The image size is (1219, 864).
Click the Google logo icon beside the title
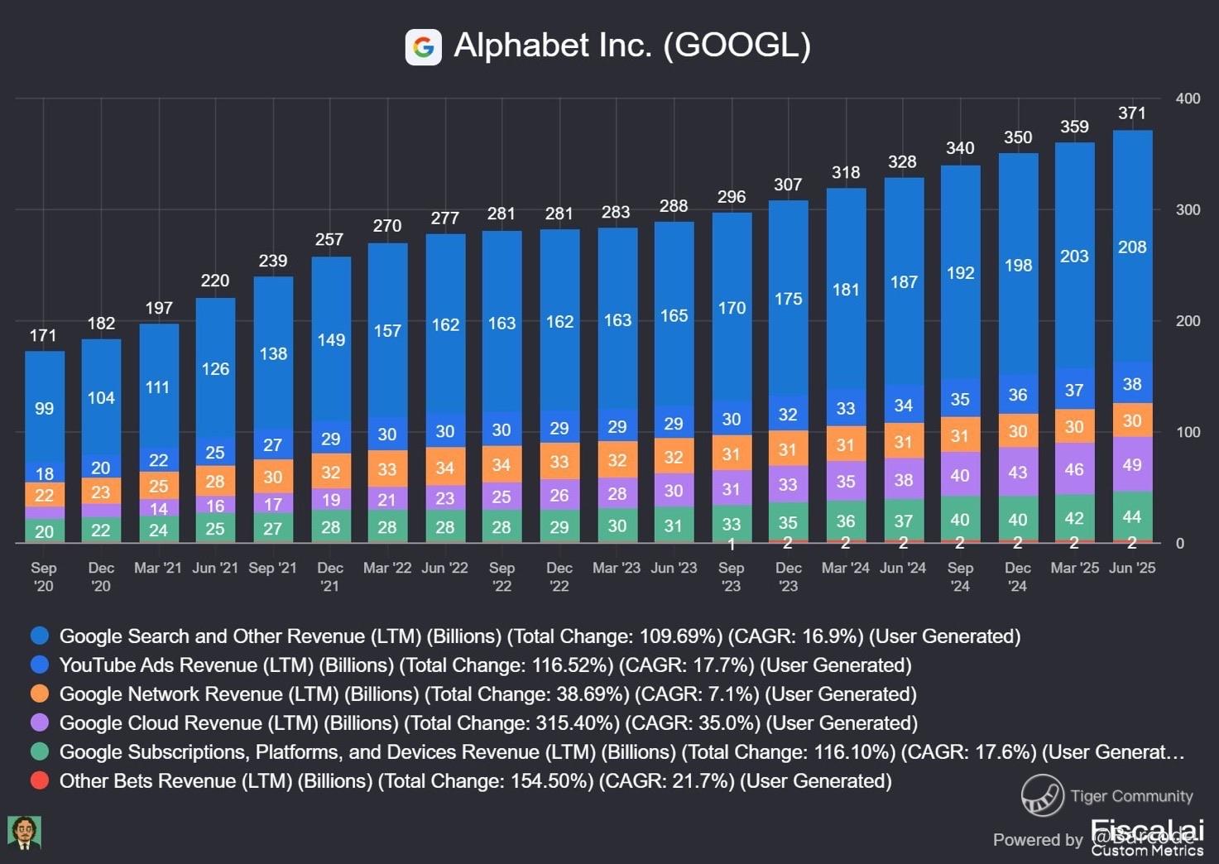click(423, 46)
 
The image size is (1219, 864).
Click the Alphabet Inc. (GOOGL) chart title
click(632, 46)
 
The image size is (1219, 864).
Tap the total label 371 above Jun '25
click(1131, 113)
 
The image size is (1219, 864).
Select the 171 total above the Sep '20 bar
click(43, 335)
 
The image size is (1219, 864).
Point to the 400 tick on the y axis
click(1188, 98)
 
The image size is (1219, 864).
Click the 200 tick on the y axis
click(1188, 321)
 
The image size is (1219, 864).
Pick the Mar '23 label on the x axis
click(616, 568)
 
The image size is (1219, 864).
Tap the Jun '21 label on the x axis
click(215, 568)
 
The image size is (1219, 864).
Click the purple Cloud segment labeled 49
click(1132, 464)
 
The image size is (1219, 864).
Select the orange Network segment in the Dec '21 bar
click(331, 472)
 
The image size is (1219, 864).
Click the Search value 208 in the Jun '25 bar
click(1132, 247)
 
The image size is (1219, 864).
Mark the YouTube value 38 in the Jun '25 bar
click(1132, 384)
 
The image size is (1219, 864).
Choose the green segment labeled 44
click(1132, 517)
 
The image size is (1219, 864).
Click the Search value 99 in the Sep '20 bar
click(44, 408)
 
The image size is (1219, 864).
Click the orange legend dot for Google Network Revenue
click(39, 694)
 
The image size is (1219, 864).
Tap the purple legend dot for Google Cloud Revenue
click(39, 722)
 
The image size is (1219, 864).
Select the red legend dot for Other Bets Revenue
click(39, 780)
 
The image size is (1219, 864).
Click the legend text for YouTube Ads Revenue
click(485, 665)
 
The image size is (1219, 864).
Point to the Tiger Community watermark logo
click(1042, 795)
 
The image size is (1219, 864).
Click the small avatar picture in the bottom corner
click(24, 832)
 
